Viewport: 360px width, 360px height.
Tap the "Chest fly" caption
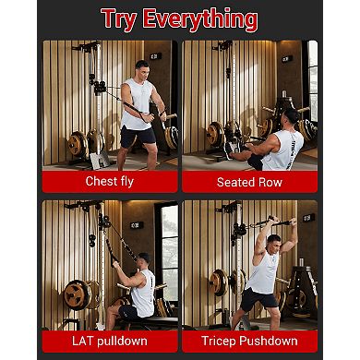110,181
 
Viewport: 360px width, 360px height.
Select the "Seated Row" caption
249,182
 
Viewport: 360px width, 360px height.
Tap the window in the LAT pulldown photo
169,249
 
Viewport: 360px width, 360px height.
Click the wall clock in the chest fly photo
154,56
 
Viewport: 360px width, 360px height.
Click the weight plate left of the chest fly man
77,144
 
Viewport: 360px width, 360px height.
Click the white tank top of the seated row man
282,149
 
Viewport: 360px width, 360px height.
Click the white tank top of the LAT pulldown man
143,294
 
